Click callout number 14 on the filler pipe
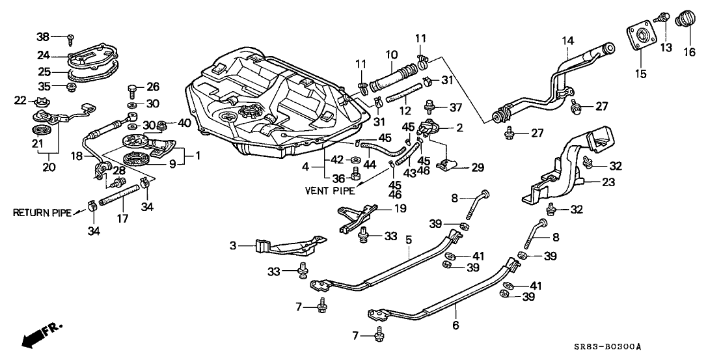(567, 40)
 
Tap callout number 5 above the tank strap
(409, 239)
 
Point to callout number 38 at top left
(61, 36)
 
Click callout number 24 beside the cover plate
(60, 55)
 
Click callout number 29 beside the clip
(477, 168)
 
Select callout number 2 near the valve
(459, 128)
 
